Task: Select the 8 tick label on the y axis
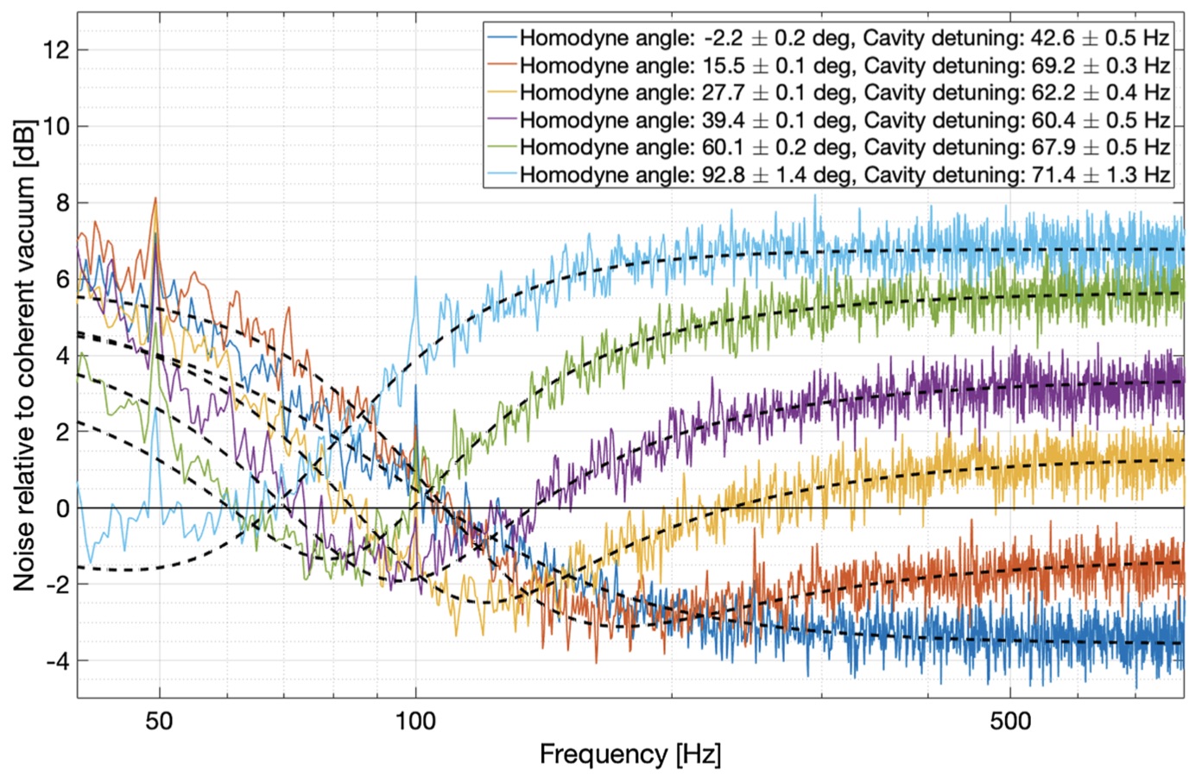(x=61, y=203)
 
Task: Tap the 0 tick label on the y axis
(x=61, y=509)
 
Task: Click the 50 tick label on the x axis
(x=159, y=720)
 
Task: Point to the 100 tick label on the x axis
(x=415, y=720)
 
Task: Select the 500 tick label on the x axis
(x=1010, y=720)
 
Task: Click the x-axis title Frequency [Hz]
(x=629, y=755)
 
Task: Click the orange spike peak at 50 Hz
(x=155, y=199)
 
